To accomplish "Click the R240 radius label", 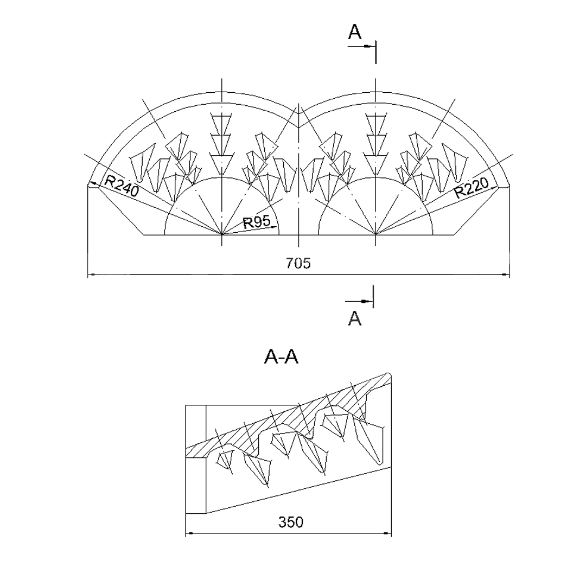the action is tap(122, 186).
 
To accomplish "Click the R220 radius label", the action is tap(472, 188).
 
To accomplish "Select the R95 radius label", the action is tap(257, 222).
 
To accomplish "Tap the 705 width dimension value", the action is tap(298, 264).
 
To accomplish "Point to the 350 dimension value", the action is tap(291, 522).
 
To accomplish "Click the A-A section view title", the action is tap(281, 357).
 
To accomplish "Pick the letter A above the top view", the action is tap(355, 32).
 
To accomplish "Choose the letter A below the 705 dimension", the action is tap(355, 319).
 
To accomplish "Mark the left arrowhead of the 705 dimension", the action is tap(92, 275).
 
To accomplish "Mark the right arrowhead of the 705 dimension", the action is tap(505, 275).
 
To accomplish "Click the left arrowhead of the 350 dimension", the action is tap(190, 533).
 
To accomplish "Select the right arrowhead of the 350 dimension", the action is tap(387, 533).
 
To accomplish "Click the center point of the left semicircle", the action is tap(222, 234).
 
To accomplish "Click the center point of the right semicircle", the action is tap(375, 234).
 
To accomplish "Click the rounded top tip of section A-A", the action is tap(388, 374).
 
